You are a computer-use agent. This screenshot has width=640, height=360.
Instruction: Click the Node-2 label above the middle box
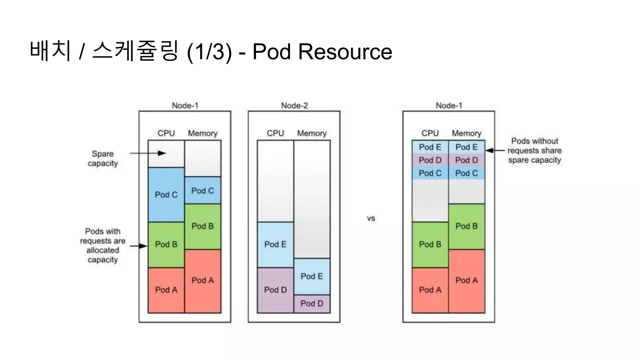point(294,106)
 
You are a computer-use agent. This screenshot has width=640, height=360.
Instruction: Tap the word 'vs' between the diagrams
point(371,218)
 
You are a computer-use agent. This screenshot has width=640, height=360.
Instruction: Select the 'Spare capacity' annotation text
point(103,158)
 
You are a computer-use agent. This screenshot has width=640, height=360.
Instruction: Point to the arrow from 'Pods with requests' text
point(138,246)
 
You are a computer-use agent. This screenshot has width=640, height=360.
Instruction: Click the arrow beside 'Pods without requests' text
point(495,151)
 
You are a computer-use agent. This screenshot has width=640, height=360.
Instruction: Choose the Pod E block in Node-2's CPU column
point(275,244)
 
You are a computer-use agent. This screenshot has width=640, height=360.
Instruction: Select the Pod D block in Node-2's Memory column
point(312,303)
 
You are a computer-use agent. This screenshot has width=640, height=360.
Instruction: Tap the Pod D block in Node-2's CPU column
point(275,290)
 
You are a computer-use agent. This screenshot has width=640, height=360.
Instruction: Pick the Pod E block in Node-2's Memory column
point(312,276)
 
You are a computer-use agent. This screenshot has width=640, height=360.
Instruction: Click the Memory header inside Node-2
point(312,133)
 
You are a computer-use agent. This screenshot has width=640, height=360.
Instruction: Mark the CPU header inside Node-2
point(275,133)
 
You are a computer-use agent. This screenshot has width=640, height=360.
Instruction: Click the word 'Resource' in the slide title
point(345,52)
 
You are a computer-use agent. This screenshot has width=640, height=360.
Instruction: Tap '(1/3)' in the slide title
point(209,52)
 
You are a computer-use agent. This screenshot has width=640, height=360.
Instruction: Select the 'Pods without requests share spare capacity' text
point(534,151)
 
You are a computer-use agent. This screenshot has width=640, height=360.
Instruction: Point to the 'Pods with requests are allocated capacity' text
point(103,245)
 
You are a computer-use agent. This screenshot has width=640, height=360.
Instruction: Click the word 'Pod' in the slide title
point(271,52)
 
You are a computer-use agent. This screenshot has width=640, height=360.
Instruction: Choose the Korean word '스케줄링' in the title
point(135,51)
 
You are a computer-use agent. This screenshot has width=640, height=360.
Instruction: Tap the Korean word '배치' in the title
point(50,51)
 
